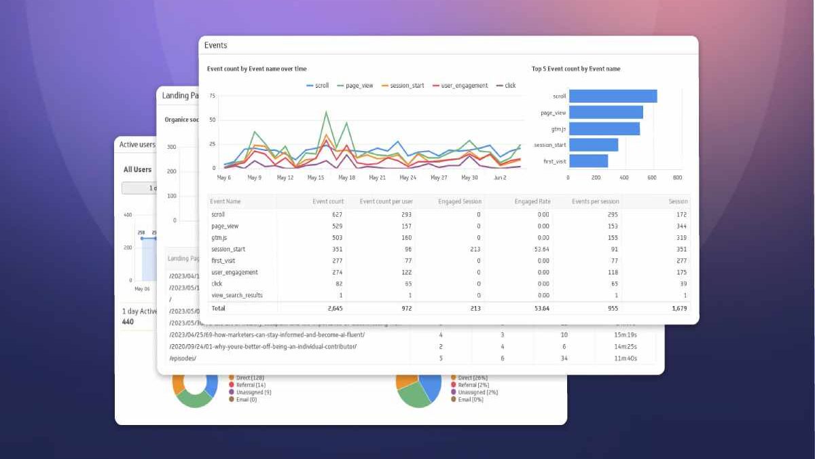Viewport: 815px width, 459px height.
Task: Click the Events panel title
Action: click(x=216, y=46)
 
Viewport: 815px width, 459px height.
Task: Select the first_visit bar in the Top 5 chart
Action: click(x=588, y=161)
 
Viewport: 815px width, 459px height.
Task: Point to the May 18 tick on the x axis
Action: click(x=346, y=177)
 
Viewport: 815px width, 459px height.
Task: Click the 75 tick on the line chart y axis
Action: click(x=212, y=96)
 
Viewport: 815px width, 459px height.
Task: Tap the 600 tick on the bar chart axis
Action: click(x=650, y=177)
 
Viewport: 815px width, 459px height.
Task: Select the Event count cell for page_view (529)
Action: click(x=333, y=226)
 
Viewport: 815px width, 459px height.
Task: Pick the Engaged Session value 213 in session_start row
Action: click(x=475, y=249)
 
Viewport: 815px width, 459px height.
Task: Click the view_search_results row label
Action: click(x=236, y=295)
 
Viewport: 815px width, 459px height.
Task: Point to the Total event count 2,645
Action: click(x=332, y=309)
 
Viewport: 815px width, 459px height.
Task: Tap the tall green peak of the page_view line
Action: click(x=326, y=112)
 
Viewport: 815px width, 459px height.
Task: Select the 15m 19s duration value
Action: click(x=625, y=335)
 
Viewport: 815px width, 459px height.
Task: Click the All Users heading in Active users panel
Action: click(x=137, y=169)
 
